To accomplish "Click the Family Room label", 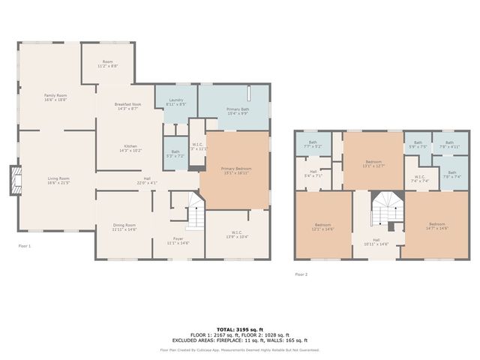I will (x=55, y=95).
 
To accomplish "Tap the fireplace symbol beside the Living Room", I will (x=13, y=181).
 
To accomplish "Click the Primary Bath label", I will (x=238, y=110).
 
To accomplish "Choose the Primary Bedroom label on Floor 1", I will (x=235, y=169).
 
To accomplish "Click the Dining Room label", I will (x=124, y=225).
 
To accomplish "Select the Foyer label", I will (x=178, y=239).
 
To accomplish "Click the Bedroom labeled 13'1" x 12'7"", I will (x=373, y=162).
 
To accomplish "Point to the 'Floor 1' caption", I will (x=25, y=245).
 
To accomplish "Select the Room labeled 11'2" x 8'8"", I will (x=107, y=62).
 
